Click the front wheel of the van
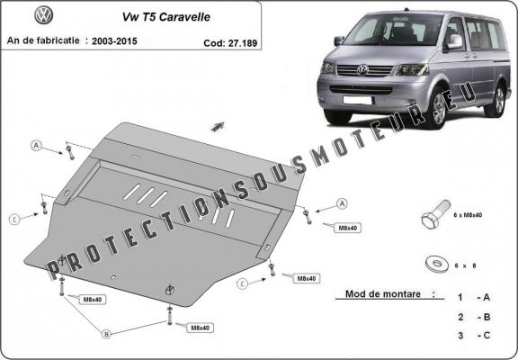pos(438,110)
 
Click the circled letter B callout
pos(105,334)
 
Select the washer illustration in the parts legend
pos(440,264)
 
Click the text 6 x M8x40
pos(469,216)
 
